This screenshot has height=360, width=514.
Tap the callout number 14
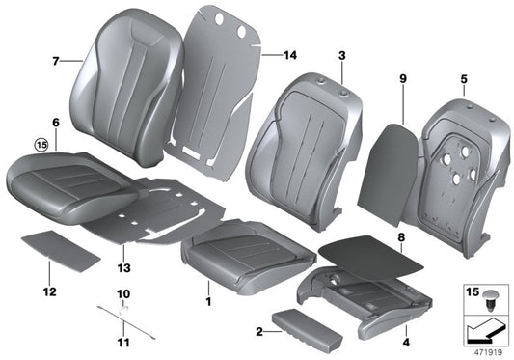point(290,55)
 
